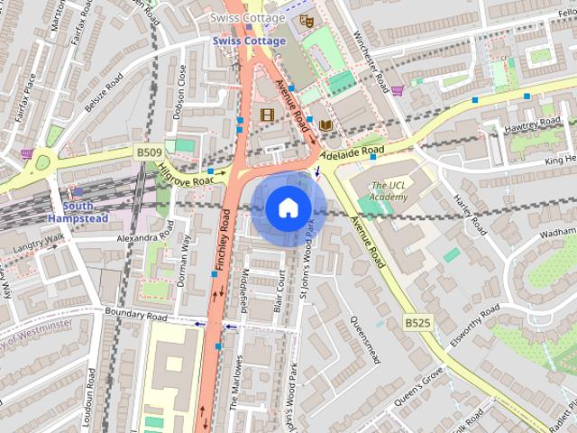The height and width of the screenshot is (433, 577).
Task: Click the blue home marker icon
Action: click(287, 207)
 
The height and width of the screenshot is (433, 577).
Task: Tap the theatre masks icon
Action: click(306, 16)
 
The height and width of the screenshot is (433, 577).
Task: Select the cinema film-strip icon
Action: click(266, 115)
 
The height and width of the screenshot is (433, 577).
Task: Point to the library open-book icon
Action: click(325, 124)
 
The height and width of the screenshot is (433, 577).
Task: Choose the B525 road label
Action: click(417, 322)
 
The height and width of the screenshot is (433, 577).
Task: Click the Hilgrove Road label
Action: click(186, 171)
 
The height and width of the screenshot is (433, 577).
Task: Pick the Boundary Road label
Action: click(136, 318)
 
